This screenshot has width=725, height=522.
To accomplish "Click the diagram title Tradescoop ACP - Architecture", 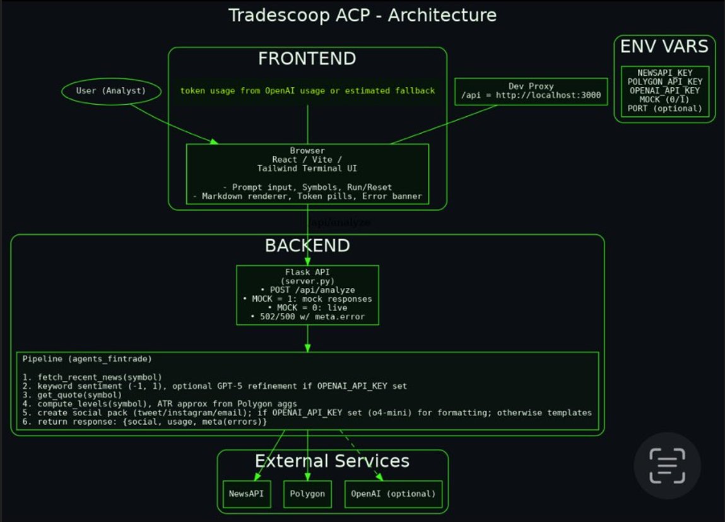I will click(362, 15).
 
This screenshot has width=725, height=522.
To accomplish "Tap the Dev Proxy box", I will click(531, 92).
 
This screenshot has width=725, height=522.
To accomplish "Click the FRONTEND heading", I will click(307, 59).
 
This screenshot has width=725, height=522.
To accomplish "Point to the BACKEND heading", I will click(307, 246).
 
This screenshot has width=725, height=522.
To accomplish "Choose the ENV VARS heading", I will click(664, 46).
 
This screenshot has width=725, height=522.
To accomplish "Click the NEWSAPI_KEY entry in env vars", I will click(665, 73).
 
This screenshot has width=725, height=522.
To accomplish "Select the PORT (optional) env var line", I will click(665, 109).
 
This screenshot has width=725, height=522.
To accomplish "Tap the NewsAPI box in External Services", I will click(247, 494).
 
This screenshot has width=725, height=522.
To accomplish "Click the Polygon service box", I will click(307, 494).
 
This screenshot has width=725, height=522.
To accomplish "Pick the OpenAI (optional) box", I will click(393, 494).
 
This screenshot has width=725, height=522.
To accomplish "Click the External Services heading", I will click(332, 461).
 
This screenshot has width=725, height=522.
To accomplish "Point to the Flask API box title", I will click(307, 272).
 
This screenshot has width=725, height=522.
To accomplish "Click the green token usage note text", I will click(307, 91).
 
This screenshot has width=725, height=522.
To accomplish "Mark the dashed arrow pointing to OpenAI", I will click(362, 456).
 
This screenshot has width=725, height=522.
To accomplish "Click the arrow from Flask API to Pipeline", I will click(307, 338).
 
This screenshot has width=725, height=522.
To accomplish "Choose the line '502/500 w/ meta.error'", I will click(307, 316).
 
